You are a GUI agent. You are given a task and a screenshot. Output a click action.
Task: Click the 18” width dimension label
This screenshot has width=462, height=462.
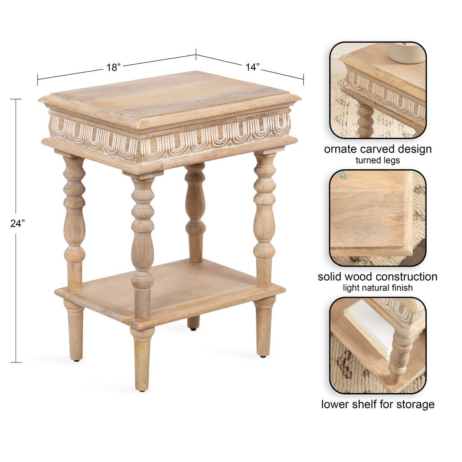click(113, 67)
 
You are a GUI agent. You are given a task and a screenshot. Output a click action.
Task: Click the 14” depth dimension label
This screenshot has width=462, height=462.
click(252, 67)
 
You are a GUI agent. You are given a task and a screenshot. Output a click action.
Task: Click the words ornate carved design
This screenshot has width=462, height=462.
click(378, 149)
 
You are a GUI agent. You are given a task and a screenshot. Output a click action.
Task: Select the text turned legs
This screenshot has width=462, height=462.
click(378, 160)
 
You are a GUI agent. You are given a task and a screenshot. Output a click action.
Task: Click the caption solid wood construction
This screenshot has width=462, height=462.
click(378, 277)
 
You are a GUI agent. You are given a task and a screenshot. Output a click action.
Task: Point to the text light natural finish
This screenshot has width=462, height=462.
click(378, 288)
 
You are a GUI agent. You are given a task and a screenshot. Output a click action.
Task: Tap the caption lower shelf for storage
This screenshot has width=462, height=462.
click(378, 404)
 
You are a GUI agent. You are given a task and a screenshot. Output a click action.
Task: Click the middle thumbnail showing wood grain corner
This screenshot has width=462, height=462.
click(378, 218)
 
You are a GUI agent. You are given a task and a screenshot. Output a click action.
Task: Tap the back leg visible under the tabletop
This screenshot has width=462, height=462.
click(195, 210)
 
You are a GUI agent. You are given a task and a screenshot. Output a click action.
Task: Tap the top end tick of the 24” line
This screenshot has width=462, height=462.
click(16, 100)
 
